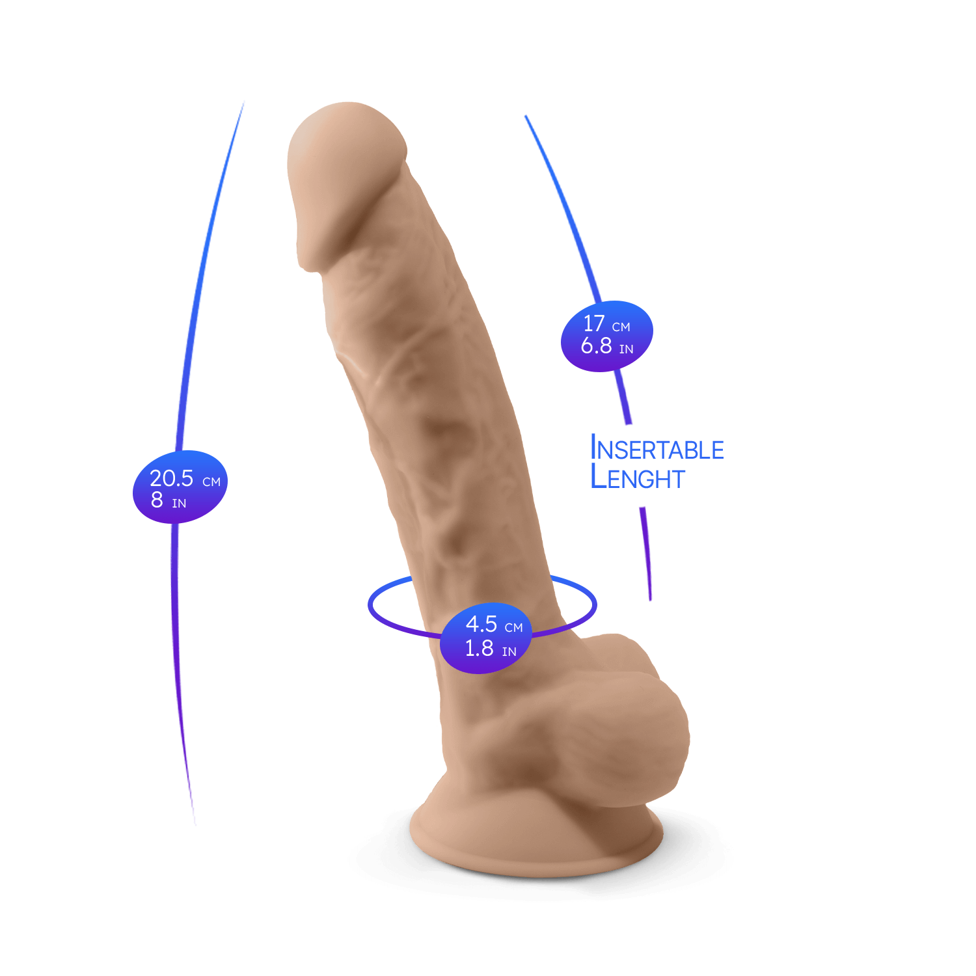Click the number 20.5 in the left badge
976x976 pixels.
[171, 478]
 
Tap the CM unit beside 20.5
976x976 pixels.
[211, 482]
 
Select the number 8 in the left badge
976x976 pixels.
[157, 500]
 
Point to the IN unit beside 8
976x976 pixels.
[179, 504]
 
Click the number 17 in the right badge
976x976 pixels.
[593, 323]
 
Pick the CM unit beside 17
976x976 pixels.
[621, 327]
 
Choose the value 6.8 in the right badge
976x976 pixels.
[596, 346]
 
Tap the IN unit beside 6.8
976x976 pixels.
[626, 349]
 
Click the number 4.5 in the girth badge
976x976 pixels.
[481, 624]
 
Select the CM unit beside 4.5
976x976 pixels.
[513, 628]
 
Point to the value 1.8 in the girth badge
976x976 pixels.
[479, 648]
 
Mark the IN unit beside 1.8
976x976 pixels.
[509, 652]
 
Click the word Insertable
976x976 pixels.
[657, 449]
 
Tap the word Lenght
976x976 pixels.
[638, 478]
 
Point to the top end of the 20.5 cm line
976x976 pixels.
[243, 102]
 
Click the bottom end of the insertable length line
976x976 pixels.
[650, 599]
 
